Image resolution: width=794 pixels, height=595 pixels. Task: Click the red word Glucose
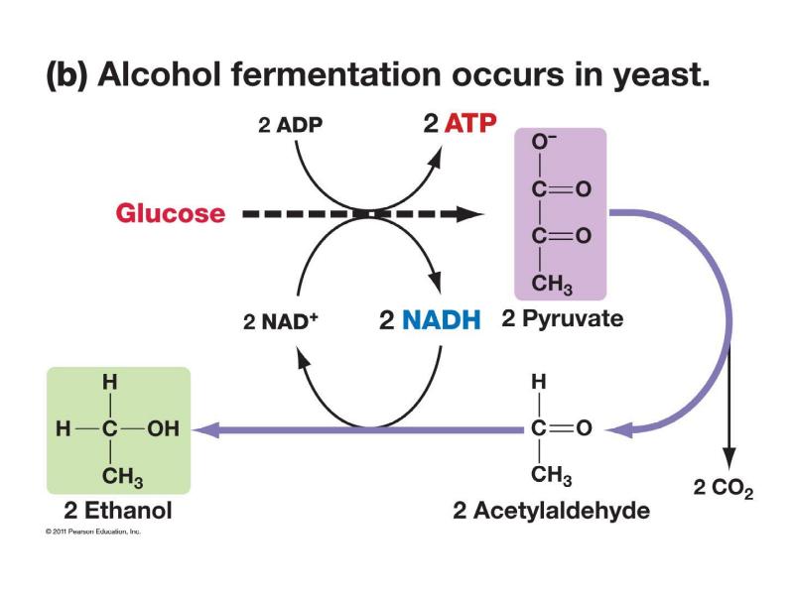(x=171, y=213)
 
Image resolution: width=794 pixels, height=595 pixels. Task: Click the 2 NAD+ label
(x=280, y=321)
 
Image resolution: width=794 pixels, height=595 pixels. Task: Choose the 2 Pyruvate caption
(x=562, y=319)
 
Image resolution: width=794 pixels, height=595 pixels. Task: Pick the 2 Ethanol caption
(x=118, y=511)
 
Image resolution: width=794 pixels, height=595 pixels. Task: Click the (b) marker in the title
(x=66, y=77)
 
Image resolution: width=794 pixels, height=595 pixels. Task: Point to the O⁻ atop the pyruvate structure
(x=541, y=144)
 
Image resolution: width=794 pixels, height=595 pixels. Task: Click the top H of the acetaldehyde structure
(x=539, y=381)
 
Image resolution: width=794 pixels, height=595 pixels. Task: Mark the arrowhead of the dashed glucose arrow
(x=470, y=213)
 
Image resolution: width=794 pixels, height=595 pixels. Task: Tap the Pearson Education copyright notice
(x=93, y=532)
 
